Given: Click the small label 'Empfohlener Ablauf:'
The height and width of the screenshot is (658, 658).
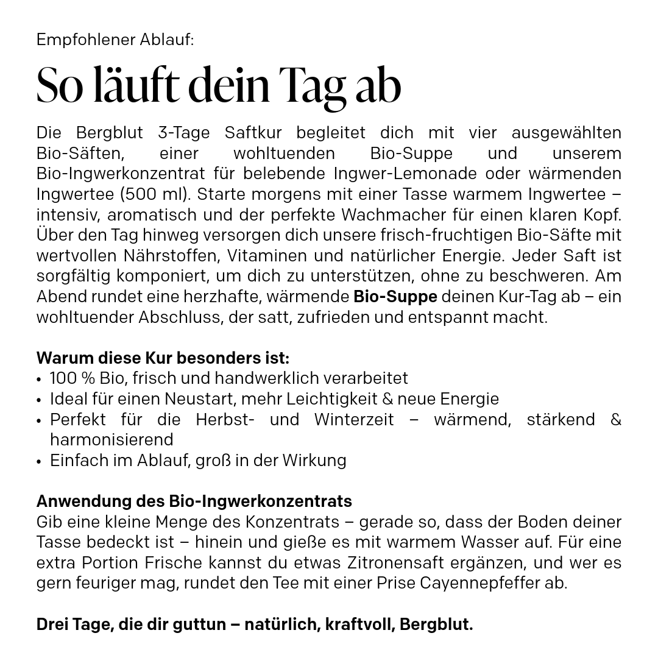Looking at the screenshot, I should click(115, 40).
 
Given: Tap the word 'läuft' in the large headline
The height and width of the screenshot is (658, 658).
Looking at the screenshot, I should click(136, 85).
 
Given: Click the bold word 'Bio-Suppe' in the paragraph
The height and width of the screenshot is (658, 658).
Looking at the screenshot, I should click(395, 297).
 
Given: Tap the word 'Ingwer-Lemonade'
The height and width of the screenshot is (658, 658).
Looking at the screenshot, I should click(405, 174).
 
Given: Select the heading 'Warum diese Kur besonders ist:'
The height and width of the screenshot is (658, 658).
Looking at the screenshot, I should click(163, 358).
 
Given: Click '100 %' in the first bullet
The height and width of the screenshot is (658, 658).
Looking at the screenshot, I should click(73, 378).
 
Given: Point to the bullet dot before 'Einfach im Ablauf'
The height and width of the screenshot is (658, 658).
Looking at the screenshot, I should click(39, 461).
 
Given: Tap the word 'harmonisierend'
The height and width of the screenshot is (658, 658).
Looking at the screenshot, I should click(111, 440).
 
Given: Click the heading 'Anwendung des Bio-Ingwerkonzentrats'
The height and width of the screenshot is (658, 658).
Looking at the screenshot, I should click(194, 501).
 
